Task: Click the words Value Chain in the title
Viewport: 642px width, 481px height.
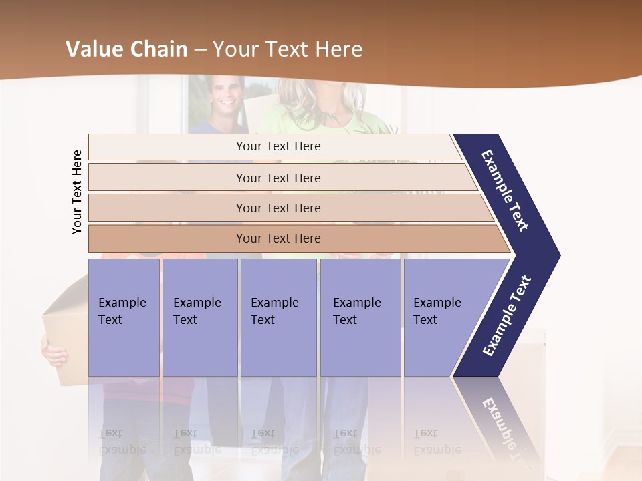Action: point(126,49)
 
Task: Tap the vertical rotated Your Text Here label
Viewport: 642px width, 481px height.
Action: point(77,192)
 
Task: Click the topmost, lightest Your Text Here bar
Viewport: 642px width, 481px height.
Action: point(278,146)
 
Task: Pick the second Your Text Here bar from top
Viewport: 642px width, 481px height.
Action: point(278,178)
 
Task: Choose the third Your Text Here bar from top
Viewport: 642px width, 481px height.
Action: point(278,208)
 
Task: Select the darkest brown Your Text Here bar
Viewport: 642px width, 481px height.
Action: point(278,238)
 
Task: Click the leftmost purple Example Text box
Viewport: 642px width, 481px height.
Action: point(124,317)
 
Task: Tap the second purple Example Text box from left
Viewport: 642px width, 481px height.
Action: point(199,317)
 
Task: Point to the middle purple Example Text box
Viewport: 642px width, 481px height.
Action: point(278,317)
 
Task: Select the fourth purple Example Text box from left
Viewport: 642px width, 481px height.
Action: point(360,317)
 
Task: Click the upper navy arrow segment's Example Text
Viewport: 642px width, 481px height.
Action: point(506,190)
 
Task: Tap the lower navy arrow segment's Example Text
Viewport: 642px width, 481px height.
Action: point(507,316)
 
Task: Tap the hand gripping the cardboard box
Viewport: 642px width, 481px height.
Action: point(53,350)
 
